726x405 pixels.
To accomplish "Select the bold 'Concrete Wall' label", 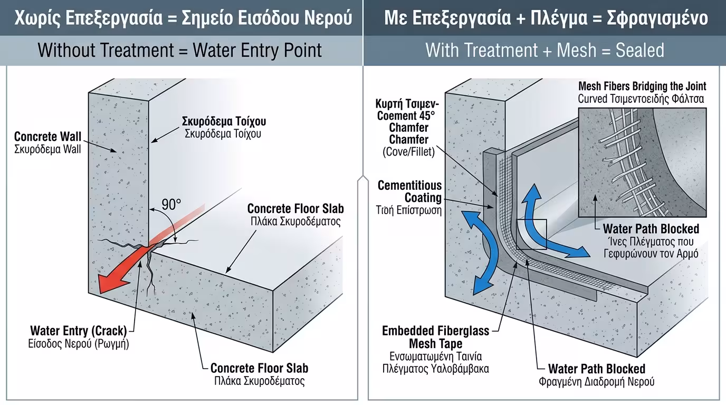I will click(x=48, y=137).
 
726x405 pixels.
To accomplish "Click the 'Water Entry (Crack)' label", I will click(x=78, y=331).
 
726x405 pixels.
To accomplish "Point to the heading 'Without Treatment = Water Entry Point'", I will click(x=180, y=51).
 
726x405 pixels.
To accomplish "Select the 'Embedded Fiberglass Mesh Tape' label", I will click(x=436, y=337).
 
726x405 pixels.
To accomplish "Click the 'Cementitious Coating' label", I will click(x=409, y=191).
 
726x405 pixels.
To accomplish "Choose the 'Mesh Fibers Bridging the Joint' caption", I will click(x=642, y=86).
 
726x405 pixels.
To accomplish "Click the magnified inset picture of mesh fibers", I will click(x=642, y=162).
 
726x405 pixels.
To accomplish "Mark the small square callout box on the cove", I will click(x=532, y=234).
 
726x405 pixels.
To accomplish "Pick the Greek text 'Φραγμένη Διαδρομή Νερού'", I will click(x=596, y=381).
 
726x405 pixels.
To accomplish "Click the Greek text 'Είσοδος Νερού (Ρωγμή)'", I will click(x=78, y=343).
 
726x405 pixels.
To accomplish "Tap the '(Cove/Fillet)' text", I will click(x=409, y=152).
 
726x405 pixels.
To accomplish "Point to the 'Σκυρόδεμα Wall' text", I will click(x=48, y=149).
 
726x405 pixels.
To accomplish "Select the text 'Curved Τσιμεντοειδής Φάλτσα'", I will click(x=641, y=99).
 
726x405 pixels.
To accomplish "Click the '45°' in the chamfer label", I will click(x=425, y=115).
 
